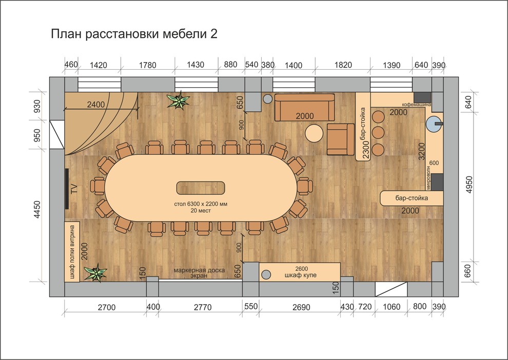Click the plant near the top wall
point(178,101)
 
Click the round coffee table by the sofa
point(314,134)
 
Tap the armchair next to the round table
point(339,138)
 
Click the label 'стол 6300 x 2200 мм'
point(201,204)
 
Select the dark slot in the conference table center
point(201,188)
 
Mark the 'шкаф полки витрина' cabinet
point(72,252)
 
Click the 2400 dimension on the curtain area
point(96,104)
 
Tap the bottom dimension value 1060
point(391,307)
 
